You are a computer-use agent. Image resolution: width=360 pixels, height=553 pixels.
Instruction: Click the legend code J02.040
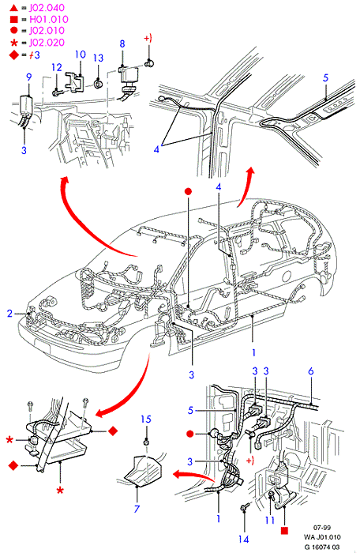47,8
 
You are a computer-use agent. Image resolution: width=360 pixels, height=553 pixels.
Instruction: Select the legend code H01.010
49,20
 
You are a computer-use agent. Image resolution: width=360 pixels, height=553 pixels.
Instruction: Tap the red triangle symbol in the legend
13,7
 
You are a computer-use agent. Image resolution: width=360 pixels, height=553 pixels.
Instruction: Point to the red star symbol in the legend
14,43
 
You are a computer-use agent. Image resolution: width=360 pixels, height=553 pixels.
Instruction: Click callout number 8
122,43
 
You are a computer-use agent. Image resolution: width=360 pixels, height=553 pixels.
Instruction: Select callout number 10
81,55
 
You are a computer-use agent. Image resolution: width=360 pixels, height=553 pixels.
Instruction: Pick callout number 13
99,58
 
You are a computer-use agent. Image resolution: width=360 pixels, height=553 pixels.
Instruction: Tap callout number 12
57,67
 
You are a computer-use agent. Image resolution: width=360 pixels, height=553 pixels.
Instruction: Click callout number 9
29,77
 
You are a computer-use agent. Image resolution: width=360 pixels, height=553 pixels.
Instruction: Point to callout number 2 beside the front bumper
10,313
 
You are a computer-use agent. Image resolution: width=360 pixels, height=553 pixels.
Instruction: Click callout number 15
146,419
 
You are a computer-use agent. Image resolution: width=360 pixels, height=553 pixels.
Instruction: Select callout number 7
137,509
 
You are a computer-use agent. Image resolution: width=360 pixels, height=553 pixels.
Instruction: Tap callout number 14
243,540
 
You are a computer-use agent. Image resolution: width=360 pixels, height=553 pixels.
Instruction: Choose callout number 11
270,520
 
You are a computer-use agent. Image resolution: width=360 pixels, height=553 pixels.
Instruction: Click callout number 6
310,371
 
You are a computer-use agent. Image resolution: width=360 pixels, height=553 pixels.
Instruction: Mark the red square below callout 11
284,530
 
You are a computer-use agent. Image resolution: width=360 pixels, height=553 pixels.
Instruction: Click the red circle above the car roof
188,191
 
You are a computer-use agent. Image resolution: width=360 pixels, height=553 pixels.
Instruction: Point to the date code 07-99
322,528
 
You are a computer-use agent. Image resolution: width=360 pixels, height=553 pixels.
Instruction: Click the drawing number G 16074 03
322,547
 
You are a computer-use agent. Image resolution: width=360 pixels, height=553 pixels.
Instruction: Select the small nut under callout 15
145,442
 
